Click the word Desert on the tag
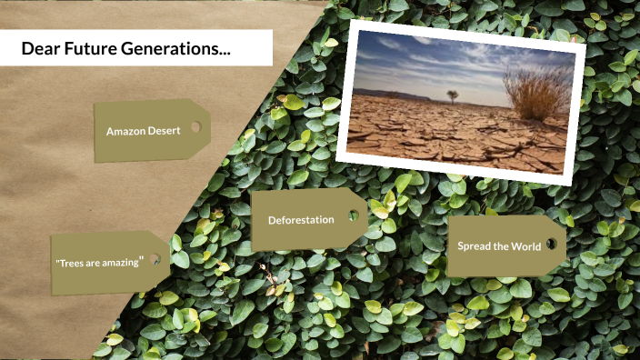(x=165, y=131)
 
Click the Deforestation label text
(x=301, y=220)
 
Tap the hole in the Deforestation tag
(x=354, y=218)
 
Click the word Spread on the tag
(x=475, y=246)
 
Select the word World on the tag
(x=526, y=246)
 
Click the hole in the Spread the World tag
(x=551, y=245)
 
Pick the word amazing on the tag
(x=121, y=263)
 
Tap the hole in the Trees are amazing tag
(x=156, y=259)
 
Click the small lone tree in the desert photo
(x=451, y=95)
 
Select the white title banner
(x=136, y=48)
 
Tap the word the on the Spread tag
(x=502, y=246)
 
